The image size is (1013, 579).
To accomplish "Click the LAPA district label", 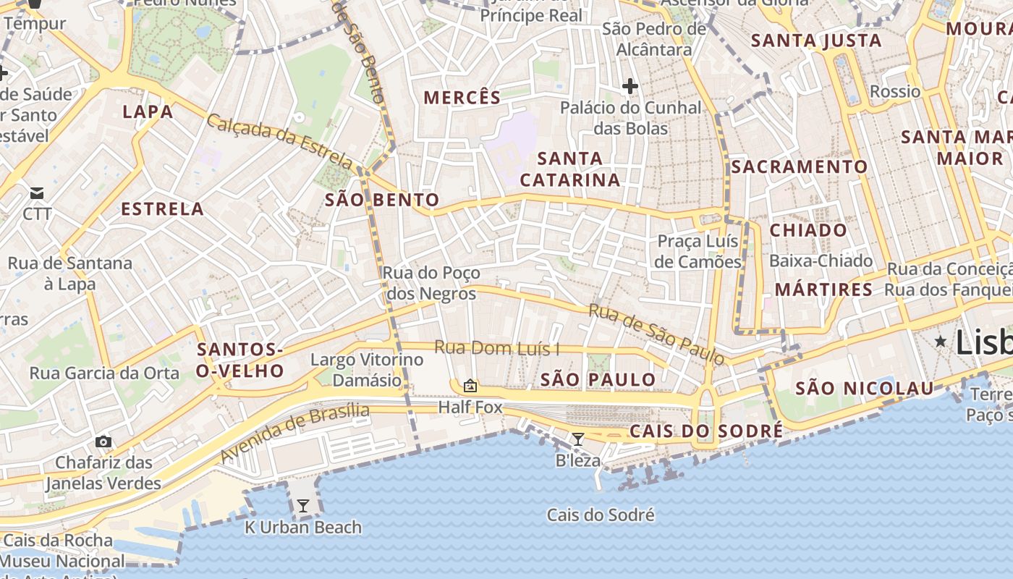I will tap(148, 111).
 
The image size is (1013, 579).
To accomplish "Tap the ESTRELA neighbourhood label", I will tap(162, 209).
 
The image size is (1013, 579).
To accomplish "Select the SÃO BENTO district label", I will tap(382, 200).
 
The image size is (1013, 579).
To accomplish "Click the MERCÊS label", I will tap(462, 98).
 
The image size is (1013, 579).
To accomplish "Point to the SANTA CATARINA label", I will tap(570, 169).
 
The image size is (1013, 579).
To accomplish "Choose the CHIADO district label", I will tap(808, 230).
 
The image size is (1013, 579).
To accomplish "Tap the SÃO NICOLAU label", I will tap(865, 389).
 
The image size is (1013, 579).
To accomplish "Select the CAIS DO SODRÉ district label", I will tap(706, 431).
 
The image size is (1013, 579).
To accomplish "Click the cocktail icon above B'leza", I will tap(577, 439).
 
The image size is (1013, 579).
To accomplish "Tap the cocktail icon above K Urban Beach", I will tap(303, 506).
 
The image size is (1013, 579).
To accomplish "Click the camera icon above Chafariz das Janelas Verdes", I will tap(103, 441).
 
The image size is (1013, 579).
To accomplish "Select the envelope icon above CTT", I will tap(37, 193).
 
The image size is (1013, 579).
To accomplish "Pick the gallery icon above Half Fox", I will tap(470, 386).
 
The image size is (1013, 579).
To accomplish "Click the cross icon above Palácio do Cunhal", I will tap(630, 87).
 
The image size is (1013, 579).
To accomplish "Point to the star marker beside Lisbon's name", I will tap(941, 341).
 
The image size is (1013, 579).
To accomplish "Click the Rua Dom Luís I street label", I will tap(496, 348).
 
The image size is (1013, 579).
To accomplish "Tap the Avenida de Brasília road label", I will tap(294, 433).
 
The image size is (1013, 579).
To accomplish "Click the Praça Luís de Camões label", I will tap(698, 251).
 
